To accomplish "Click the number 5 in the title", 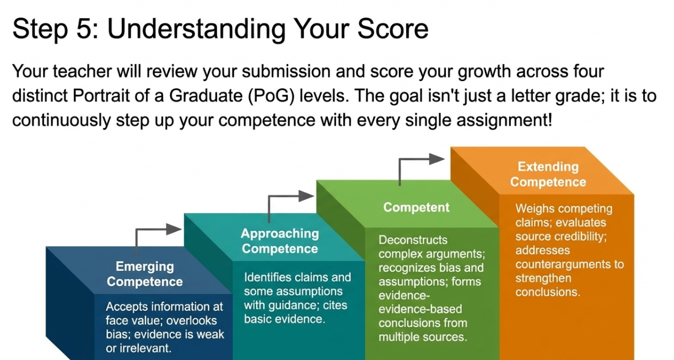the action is click(x=84, y=29).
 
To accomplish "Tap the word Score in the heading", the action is click(x=393, y=29).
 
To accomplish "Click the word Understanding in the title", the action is click(x=196, y=29).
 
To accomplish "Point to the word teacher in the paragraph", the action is click(x=82, y=72).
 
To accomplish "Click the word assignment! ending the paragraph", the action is click(x=504, y=120).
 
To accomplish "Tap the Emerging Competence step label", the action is click(x=145, y=274).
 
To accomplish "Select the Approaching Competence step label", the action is click(x=280, y=241).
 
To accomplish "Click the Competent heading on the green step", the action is click(x=416, y=207).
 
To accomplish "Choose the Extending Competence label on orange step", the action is click(x=548, y=174).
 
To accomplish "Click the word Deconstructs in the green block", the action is click(x=413, y=240).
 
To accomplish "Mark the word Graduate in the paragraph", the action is click(x=206, y=96).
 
